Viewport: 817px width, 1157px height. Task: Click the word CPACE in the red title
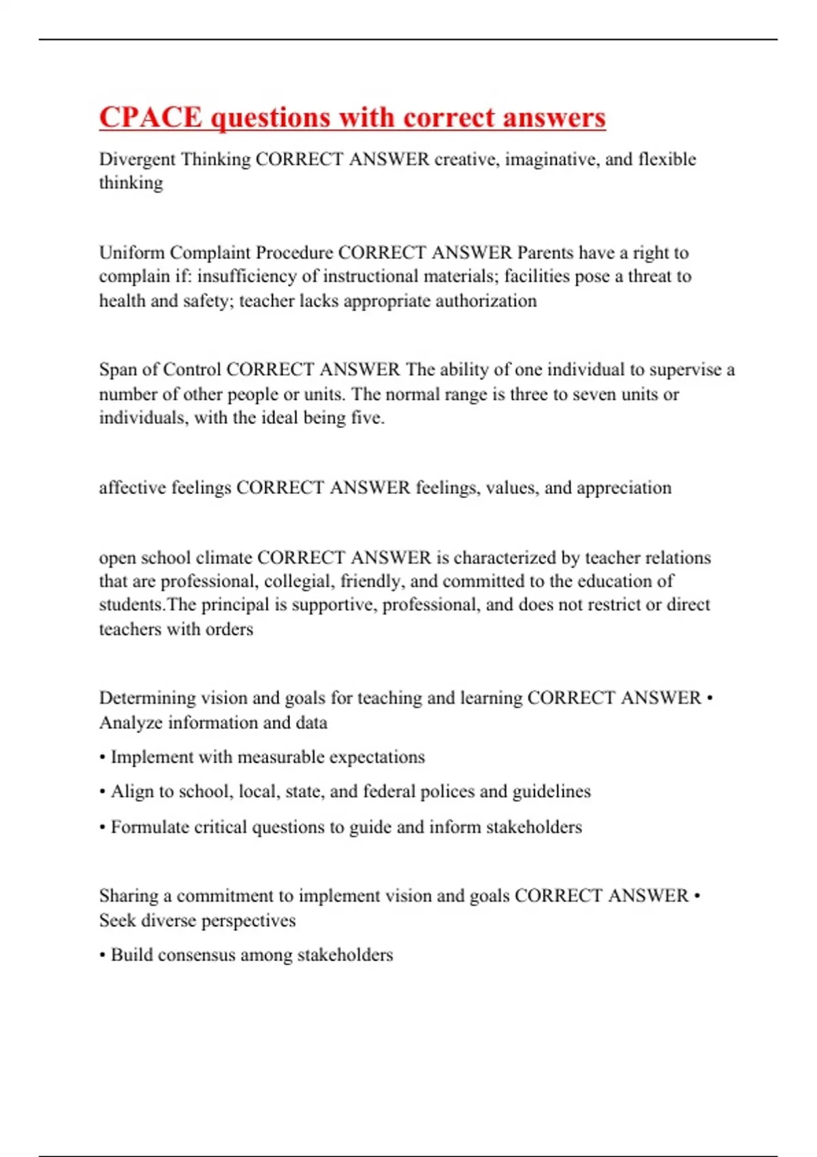point(150,117)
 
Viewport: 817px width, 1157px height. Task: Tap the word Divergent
point(137,159)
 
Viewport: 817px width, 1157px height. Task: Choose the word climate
point(223,557)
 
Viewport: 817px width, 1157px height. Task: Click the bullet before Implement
point(103,757)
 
